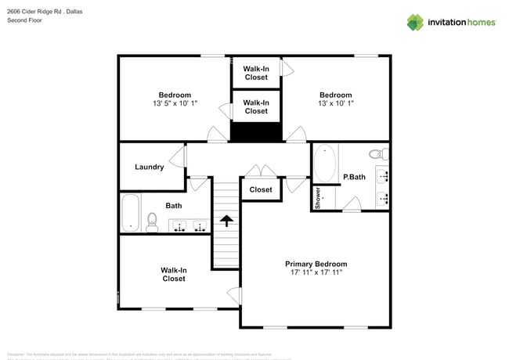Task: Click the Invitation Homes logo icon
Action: (x=414, y=22)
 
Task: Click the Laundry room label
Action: (x=149, y=167)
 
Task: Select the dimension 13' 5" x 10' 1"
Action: (x=175, y=103)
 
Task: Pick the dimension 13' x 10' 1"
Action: (x=336, y=103)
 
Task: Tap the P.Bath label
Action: (x=354, y=177)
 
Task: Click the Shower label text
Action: (x=319, y=196)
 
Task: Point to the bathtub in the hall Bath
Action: (x=130, y=212)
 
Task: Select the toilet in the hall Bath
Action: (x=152, y=225)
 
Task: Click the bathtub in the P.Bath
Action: (x=325, y=164)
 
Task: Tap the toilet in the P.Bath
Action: (x=377, y=153)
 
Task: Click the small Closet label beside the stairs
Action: (x=261, y=189)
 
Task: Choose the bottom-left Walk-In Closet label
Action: (x=174, y=274)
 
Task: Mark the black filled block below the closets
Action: (x=256, y=132)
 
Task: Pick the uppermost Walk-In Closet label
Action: (x=256, y=74)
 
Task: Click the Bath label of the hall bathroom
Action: (x=174, y=206)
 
